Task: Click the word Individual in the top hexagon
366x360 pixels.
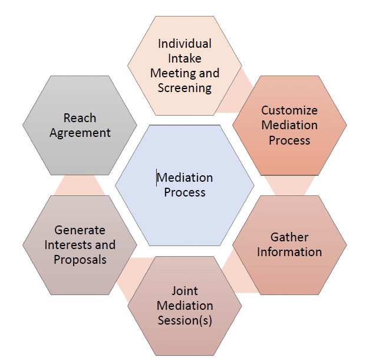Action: (x=184, y=44)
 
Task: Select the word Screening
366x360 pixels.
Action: (x=184, y=88)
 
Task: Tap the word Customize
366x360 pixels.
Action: (x=289, y=110)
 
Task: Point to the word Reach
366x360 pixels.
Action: (x=80, y=118)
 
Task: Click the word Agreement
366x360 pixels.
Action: (x=80, y=133)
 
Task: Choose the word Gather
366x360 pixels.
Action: (x=289, y=237)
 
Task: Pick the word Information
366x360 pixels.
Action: (x=289, y=252)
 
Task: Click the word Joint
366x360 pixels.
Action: (x=184, y=291)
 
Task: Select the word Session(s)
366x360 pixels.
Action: (x=184, y=320)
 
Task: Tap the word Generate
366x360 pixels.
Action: (x=80, y=230)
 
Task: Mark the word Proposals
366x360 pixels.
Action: (x=80, y=260)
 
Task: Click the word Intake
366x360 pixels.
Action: (x=184, y=58)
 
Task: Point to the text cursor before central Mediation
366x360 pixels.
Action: (x=157, y=178)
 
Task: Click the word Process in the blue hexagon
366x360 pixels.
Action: (x=184, y=192)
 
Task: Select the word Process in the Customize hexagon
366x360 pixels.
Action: (x=289, y=140)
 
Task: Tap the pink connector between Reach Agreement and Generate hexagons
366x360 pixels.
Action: (x=80, y=185)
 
